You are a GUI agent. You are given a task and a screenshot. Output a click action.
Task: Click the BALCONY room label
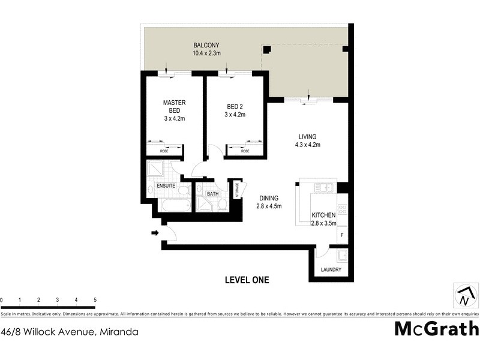coord(206,45)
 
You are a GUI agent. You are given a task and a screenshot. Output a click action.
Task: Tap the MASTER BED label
coord(175,106)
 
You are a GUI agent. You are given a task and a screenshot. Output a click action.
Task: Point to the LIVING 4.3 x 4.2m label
coord(307,140)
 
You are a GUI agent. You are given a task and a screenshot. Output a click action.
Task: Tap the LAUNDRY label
coord(331,270)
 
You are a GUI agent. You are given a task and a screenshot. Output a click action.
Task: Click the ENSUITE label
coord(166,186)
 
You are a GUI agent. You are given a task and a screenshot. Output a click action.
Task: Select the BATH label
coord(213,194)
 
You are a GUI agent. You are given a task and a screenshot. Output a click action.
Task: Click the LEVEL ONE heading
coord(247,280)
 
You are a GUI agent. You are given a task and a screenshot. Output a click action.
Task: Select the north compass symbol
coord(466,296)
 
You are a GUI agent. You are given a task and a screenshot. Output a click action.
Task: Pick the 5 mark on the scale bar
coord(95,299)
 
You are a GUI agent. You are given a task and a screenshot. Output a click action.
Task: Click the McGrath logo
coord(436,329)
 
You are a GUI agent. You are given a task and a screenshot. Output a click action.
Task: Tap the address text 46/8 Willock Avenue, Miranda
coord(70,331)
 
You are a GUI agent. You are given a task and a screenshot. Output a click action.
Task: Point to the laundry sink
coord(341,257)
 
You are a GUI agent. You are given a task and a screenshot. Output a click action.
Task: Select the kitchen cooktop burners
coord(343,209)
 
